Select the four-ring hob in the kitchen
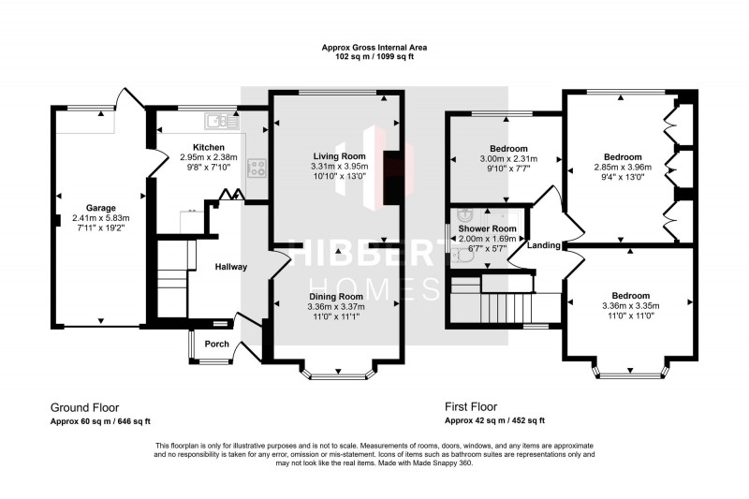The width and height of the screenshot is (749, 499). click(x=257, y=168)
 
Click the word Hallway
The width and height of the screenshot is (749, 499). click(x=230, y=267)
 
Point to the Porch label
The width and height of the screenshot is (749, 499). click(x=217, y=344)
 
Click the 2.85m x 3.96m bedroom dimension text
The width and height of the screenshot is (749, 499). click(x=623, y=168)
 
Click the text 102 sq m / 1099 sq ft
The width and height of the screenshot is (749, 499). click(x=374, y=55)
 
